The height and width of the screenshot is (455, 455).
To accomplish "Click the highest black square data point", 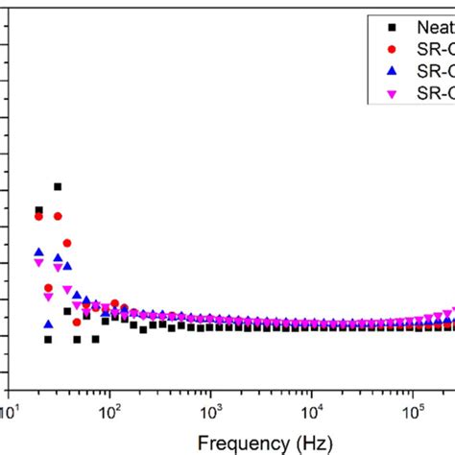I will (58, 186).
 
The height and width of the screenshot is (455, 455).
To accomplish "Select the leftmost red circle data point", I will (39, 216).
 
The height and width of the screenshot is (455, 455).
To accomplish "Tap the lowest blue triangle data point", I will (48, 323).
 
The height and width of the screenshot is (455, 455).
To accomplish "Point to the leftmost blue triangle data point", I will (39, 251).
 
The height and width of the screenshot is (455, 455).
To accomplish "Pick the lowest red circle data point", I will (77, 322).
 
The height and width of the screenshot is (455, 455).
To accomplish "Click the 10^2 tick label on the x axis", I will (109, 412).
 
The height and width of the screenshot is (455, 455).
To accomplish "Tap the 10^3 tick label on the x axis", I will (210, 412).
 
